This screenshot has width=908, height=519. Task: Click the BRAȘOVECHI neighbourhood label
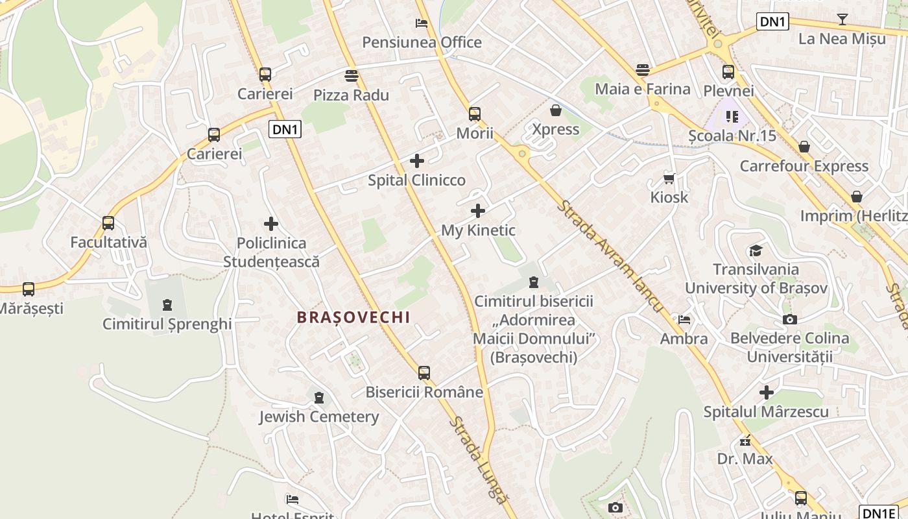click(x=353, y=317)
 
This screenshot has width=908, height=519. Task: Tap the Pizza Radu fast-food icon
click(x=352, y=76)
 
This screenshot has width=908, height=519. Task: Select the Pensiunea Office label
click(x=422, y=43)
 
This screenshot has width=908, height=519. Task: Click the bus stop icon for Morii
click(x=475, y=114)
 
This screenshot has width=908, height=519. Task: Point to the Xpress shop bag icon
click(x=555, y=110)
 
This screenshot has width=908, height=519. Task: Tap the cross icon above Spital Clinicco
click(x=417, y=161)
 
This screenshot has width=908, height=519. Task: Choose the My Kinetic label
click(x=478, y=230)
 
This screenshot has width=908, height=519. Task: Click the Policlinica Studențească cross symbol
click(x=271, y=224)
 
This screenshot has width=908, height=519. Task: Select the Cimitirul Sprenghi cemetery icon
click(x=167, y=305)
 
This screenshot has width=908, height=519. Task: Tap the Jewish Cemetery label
click(x=319, y=416)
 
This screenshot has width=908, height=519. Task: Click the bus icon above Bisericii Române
click(x=424, y=373)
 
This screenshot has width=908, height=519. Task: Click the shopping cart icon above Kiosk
click(x=669, y=178)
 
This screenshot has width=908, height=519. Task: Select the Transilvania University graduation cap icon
click(x=756, y=251)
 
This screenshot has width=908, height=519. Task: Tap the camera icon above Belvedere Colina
click(x=789, y=319)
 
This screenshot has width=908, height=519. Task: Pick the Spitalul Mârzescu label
click(x=766, y=412)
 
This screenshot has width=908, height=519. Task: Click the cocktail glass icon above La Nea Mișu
click(x=842, y=19)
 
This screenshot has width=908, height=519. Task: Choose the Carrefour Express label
click(x=804, y=166)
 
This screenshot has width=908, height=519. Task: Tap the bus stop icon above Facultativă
click(x=108, y=223)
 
